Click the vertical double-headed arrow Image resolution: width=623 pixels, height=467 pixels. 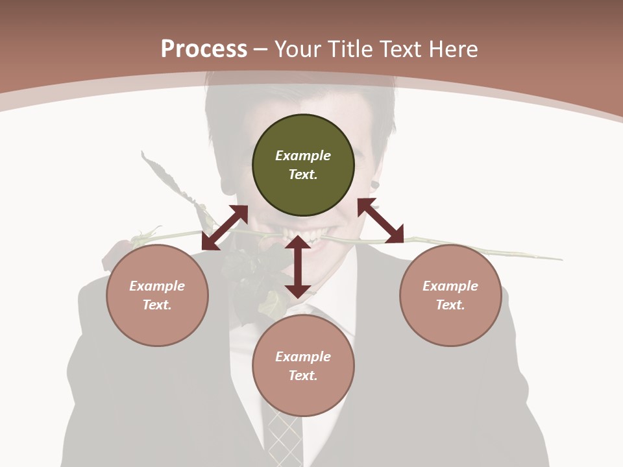coord(298,267)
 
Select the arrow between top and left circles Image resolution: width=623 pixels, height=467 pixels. coord(225,228)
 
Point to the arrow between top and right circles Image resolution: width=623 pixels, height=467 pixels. coord(380,221)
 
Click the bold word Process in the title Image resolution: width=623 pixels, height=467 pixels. coord(204,49)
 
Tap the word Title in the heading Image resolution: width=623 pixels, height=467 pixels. coord(350,49)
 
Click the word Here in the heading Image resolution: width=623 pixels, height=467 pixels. coord(454,49)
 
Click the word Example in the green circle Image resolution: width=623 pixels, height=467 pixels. coord(303,156)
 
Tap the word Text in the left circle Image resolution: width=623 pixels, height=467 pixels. coord(156,305)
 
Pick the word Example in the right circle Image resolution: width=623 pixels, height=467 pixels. coord(450,286)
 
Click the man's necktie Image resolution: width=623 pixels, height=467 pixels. coord(284,435)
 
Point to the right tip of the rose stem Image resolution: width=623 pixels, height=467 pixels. coord(559,259)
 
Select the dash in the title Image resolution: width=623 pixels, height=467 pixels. coord(261,49)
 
